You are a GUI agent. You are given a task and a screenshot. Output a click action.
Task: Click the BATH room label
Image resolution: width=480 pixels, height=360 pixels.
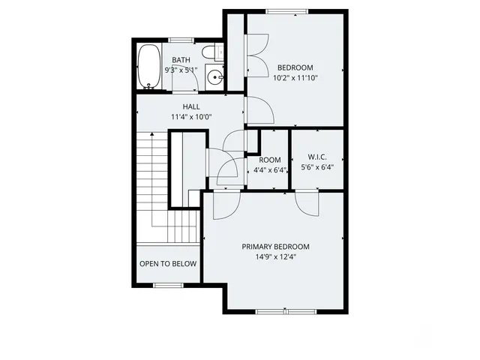(x=181, y=60)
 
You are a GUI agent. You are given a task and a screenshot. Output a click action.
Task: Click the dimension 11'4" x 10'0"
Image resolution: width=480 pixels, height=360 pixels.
(x=192, y=117)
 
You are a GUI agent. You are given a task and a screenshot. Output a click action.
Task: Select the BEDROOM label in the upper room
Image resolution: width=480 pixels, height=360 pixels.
(x=294, y=67)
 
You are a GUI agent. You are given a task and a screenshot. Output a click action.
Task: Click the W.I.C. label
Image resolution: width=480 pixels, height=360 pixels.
(x=316, y=157)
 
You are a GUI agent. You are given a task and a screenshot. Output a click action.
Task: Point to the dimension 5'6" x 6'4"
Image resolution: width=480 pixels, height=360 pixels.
(x=316, y=167)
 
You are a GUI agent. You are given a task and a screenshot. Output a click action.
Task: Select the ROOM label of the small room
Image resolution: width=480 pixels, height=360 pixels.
(x=270, y=160)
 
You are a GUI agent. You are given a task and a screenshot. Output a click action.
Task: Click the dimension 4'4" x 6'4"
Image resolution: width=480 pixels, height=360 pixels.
(x=270, y=169)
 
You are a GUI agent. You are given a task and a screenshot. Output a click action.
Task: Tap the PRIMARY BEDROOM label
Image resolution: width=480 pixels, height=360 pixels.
(x=275, y=247)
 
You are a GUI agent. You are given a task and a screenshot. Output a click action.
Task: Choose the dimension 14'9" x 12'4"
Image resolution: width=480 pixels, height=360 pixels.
(x=275, y=256)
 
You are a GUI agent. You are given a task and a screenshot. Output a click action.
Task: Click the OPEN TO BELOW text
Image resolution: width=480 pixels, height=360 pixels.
(x=168, y=264)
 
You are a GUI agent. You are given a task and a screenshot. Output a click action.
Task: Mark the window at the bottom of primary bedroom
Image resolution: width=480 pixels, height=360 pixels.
(x=285, y=310)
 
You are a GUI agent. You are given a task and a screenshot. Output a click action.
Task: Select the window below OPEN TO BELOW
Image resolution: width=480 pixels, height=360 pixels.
(x=169, y=285)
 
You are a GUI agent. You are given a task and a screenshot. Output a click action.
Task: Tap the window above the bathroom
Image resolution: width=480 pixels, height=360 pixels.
(x=181, y=40)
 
